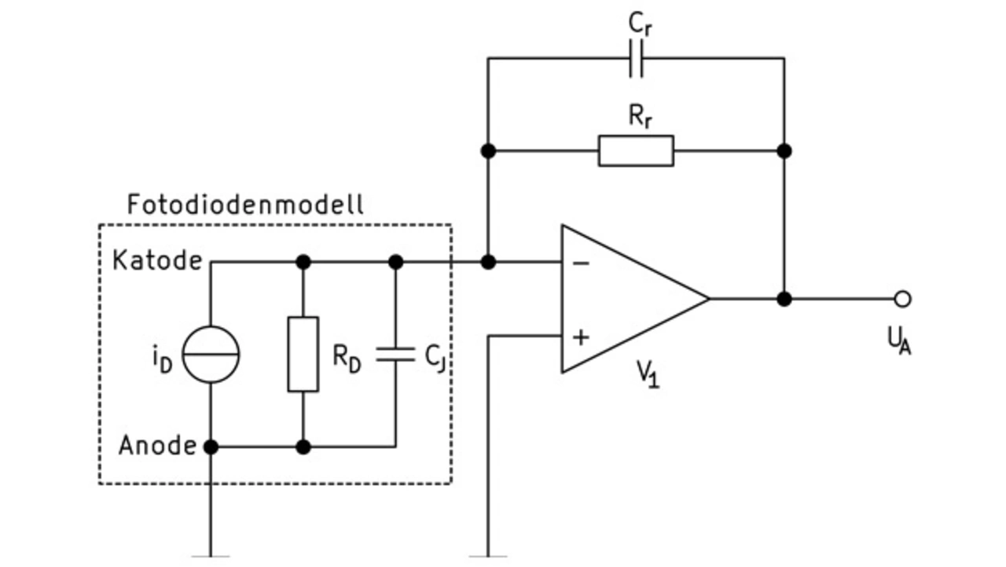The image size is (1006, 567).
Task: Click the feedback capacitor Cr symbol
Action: (x=636, y=58)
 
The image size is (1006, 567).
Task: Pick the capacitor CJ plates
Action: (x=395, y=355)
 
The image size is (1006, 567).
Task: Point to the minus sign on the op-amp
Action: (x=581, y=263)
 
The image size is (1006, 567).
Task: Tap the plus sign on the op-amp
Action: (x=581, y=337)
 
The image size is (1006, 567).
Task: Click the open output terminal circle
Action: (x=903, y=299)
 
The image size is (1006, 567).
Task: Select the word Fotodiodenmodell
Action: (x=245, y=204)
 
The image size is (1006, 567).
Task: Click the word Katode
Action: (x=157, y=260)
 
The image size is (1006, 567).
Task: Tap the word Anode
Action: (x=158, y=446)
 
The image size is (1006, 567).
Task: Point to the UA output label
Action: (x=899, y=341)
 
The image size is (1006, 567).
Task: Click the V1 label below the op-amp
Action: (x=648, y=374)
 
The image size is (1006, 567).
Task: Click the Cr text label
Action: (x=641, y=24)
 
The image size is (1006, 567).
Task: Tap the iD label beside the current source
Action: (x=163, y=360)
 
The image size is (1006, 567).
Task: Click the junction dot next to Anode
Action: (x=211, y=447)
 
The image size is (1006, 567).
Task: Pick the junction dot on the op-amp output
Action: (x=784, y=299)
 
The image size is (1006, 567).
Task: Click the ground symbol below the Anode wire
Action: (x=211, y=556)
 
